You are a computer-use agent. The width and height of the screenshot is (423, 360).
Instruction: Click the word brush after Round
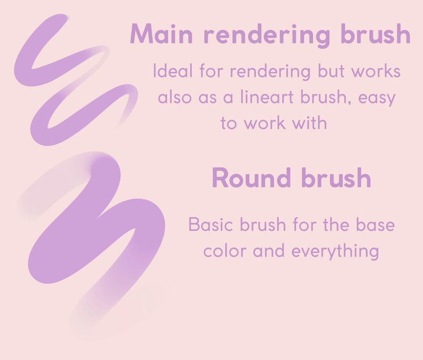335,178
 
